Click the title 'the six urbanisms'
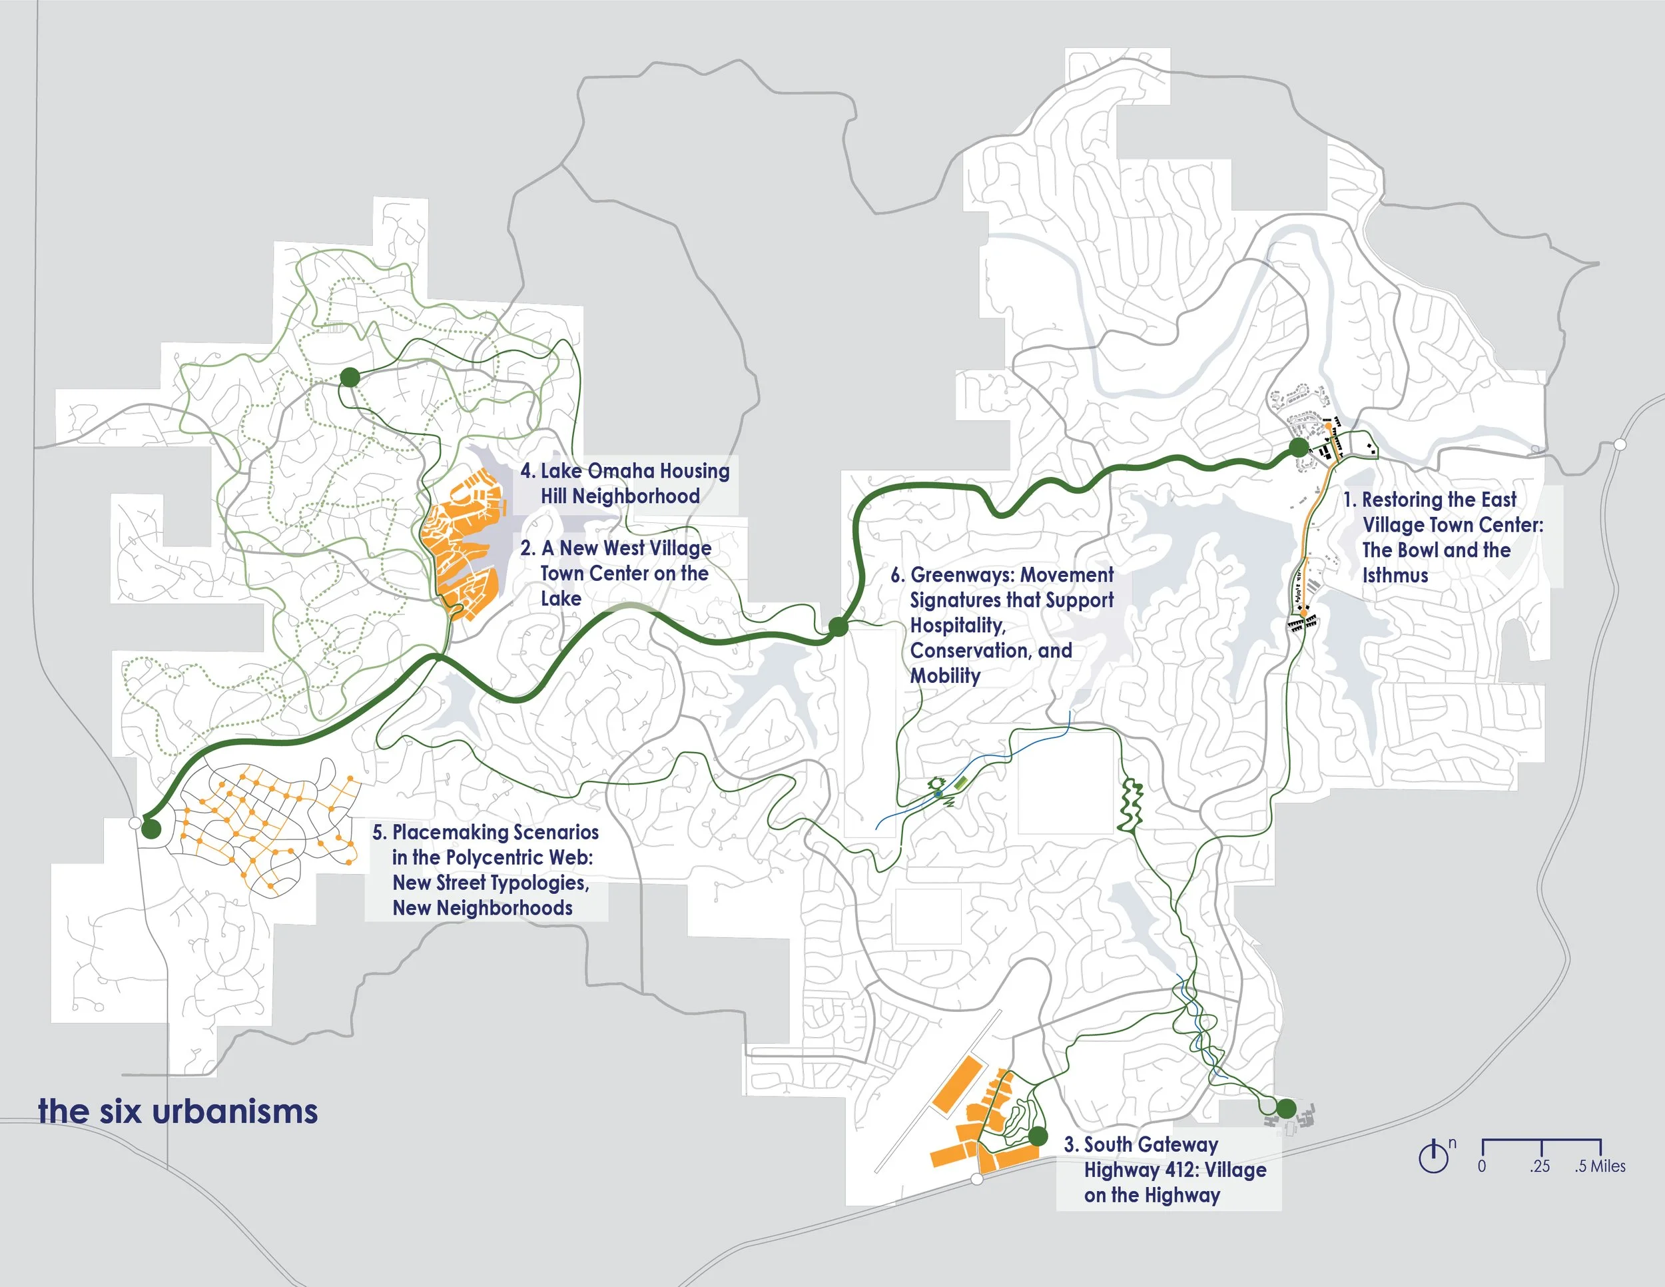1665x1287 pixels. (178, 1112)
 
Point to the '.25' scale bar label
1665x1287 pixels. (1539, 1166)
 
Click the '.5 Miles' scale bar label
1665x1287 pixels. (1600, 1166)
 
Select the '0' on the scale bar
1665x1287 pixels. (1481, 1166)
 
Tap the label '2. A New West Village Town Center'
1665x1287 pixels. (616, 573)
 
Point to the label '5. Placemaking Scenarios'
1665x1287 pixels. (486, 869)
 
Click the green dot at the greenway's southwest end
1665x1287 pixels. (151, 829)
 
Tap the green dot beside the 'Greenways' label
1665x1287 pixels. (838, 627)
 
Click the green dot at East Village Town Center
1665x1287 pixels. (1298, 448)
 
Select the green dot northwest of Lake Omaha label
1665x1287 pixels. (349, 376)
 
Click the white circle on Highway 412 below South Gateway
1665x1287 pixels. (976, 1180)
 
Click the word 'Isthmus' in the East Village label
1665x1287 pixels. (1395, 576)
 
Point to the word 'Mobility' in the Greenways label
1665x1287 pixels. (945, 676)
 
